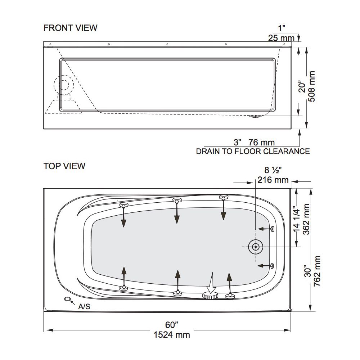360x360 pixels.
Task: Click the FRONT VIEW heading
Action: tap(70, 28)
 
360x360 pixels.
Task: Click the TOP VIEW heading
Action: tap(64, 166)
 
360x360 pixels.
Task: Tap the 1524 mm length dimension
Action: tap(172, 335)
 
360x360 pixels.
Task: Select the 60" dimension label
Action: tap(172, 325)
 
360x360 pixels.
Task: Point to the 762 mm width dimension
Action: tap(317, 271)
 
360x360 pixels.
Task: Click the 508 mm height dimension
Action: tap(311, 86)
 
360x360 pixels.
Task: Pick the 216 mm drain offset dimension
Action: tap(273, 180)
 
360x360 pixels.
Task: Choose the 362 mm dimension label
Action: tap(306, 219)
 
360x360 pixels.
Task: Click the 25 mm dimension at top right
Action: tap(281, 38)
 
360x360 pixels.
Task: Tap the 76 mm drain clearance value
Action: tap(261, 142)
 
